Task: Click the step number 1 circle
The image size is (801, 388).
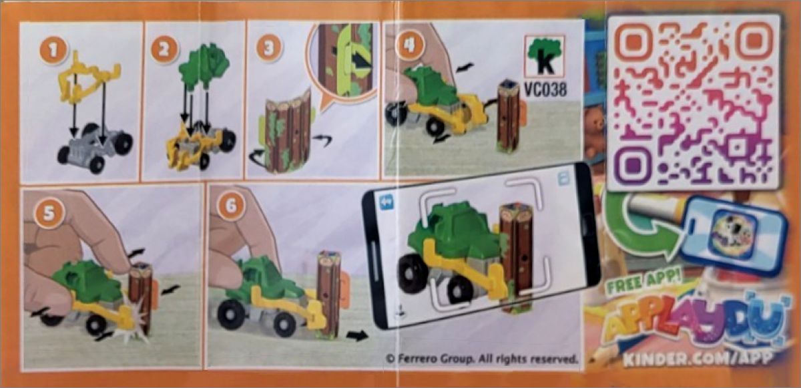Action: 53,51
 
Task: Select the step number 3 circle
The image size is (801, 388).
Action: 269,47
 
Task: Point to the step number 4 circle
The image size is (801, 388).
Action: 411,45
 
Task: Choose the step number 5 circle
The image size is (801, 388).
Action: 49,213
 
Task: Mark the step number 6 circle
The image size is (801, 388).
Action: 231,206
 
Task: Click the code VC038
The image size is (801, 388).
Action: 545,89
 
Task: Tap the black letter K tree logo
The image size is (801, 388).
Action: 544,57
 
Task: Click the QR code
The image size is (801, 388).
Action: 694,102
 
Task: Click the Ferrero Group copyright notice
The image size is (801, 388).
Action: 482,358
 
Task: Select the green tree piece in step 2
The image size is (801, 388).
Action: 204,66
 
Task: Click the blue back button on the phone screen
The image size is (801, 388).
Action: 386,203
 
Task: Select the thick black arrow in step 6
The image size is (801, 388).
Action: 357,335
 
